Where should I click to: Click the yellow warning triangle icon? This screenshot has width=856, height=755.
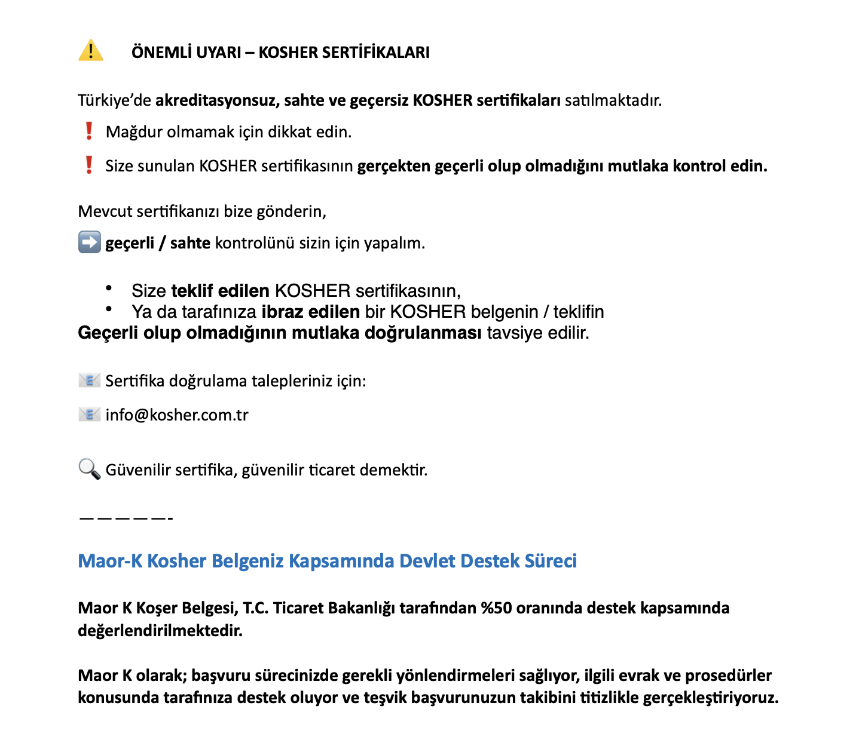coord(90,51)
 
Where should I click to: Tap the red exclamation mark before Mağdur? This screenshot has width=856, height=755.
coord(89,131)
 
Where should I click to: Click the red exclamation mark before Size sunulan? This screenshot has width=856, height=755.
coord(89,165)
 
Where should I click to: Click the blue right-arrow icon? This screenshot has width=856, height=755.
coord(89,243)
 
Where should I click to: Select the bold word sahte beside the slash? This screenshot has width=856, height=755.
coord(190,243)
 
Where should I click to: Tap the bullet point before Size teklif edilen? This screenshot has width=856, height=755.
coord(109,289)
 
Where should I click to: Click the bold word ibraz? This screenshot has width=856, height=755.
coord(283,312)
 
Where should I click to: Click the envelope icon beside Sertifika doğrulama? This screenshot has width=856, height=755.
coord(89,380)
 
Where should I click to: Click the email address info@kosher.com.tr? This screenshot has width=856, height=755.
coord(177,415)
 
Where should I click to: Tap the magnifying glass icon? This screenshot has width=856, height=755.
coord(89,469)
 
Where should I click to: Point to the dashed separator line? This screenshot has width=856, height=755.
coord(126,518)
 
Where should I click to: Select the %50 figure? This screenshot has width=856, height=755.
coord(496,608)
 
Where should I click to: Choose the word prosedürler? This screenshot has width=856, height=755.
coord(728,676)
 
